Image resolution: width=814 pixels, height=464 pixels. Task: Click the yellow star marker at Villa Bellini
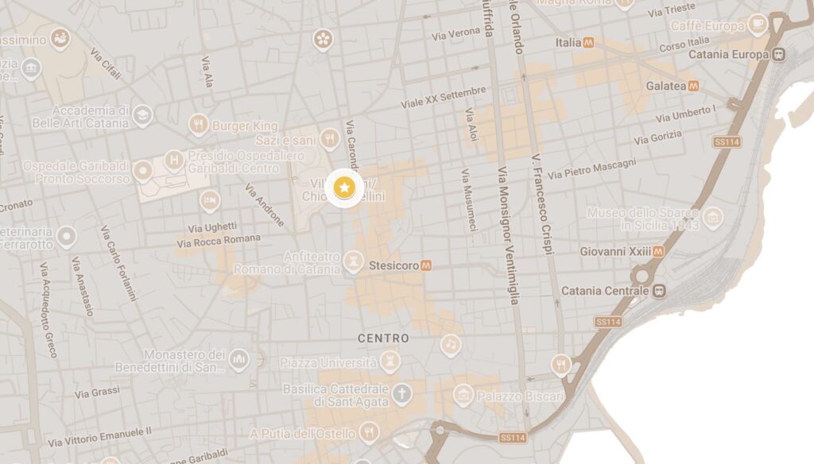tap(344, 188)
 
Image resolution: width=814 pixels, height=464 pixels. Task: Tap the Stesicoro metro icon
tap(426, 265)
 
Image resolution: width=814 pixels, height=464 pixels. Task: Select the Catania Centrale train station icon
tap(659, 291)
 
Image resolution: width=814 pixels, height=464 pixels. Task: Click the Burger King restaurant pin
tap(199, 124)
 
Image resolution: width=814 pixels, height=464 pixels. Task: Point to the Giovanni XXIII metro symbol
tap(659, 251)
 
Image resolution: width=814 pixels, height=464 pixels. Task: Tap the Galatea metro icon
tap(694, 85)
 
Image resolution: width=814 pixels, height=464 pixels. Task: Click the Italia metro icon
tap(589, 42)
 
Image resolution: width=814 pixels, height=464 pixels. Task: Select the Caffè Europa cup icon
tap(758, 23)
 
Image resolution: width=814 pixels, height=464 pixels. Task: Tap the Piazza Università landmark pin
tap(390, 362)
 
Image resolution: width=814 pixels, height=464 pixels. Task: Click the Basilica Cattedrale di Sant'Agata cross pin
tap(403, 392)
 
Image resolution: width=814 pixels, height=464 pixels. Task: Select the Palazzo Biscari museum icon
tap(464, 394)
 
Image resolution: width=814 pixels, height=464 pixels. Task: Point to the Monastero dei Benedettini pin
tap(238, 360)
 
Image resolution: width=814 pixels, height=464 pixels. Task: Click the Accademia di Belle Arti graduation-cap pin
tap(142, 116)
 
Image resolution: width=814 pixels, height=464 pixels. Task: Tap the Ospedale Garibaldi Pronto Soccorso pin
tap(143, 170)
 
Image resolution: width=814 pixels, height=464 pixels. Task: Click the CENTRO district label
tap(383, 338)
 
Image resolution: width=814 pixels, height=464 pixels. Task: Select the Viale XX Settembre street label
tap(432, 98)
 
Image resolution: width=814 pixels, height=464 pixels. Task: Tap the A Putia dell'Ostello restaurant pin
tap(368, 431)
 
